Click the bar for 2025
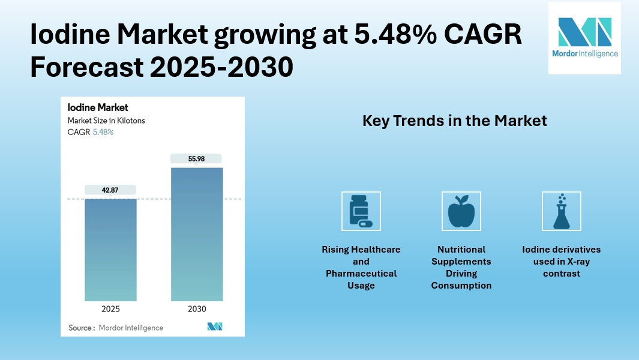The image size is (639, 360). pos(110,250)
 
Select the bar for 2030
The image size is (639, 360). pos(197,234)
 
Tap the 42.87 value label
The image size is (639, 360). pos(110,190)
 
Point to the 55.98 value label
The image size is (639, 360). pos(196,158)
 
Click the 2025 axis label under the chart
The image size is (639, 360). pos(110,309)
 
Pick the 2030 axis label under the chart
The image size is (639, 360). pos(197,309)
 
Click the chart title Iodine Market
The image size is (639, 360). pos(98,108)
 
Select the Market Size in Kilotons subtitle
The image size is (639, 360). pos(106,121)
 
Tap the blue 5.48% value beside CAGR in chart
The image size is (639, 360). pos(103,132)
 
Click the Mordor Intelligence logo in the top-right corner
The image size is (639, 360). pos(584,37)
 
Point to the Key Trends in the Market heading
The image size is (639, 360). pos(454,121)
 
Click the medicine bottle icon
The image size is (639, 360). pos(361,211)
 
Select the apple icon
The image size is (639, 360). pos(461,211)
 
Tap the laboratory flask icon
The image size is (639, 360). pos(561,211)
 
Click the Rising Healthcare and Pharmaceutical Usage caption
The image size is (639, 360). pos(361,268)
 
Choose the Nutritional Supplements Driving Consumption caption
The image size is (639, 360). pos(461,268)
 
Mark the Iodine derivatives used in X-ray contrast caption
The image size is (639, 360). pos(561,262)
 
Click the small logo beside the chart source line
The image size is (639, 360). pos(215,326)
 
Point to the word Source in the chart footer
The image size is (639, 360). pos(80,328)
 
